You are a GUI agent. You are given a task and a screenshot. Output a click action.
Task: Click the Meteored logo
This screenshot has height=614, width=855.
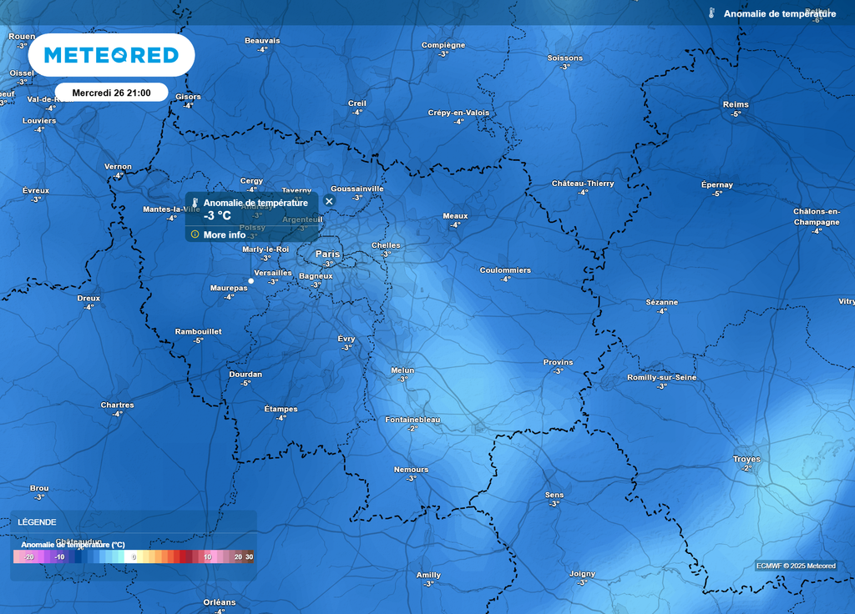point(111,55)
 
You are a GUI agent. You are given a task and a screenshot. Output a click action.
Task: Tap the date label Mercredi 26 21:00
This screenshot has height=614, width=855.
point(111,93)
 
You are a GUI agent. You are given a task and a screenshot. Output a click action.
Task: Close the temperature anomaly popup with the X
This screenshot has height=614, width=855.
point(329,201)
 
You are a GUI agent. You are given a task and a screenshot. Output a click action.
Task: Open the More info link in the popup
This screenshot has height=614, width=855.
point(224,234)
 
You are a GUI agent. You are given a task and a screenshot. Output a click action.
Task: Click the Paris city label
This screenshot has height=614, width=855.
point(327,254)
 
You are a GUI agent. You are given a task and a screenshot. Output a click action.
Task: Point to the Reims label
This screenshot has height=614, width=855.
point(736,104)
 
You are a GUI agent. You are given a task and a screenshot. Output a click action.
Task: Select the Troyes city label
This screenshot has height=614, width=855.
point(746,459)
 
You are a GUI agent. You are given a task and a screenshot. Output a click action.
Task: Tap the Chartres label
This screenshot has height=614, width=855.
point(117,405)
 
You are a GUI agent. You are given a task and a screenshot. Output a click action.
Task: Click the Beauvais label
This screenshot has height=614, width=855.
point(262,41)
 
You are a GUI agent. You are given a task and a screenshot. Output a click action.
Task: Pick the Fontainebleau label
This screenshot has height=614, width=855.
point(412,420)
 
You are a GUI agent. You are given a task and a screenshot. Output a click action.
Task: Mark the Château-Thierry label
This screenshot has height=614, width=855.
point(583,184)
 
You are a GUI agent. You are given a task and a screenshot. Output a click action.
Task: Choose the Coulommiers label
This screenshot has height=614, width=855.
point(505,270)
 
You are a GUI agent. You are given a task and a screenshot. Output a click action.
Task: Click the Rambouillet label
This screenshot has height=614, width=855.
point(198,331)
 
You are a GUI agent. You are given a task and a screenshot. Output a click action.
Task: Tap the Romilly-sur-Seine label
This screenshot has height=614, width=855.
point(661,378)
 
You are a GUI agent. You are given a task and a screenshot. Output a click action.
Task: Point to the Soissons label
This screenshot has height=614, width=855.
point(565,58)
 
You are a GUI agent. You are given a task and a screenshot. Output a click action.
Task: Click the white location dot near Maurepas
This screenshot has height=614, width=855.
point(250,281)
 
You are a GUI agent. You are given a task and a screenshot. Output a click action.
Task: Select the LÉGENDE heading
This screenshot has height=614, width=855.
point(38,522)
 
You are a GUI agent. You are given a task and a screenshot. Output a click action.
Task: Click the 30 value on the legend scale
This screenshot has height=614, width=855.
point(249,556)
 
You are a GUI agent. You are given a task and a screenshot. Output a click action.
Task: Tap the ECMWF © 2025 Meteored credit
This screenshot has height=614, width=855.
point(796,566)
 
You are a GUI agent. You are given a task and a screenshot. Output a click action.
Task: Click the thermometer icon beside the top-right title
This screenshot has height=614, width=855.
point(711,13)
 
